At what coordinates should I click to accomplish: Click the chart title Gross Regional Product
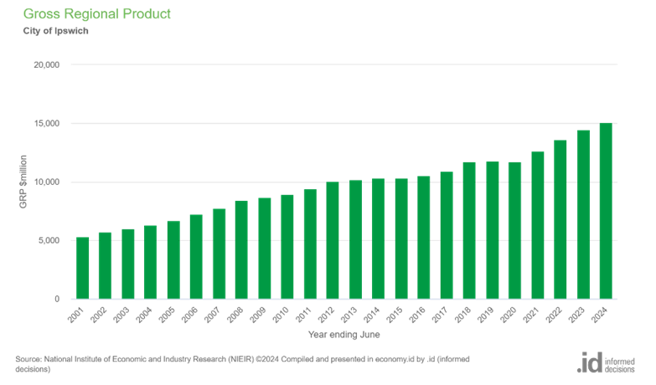point(97,14)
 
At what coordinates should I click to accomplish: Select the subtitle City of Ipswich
point(55,32)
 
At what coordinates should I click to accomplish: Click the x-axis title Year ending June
point(343,335)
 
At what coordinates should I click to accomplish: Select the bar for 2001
point(83,269)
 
